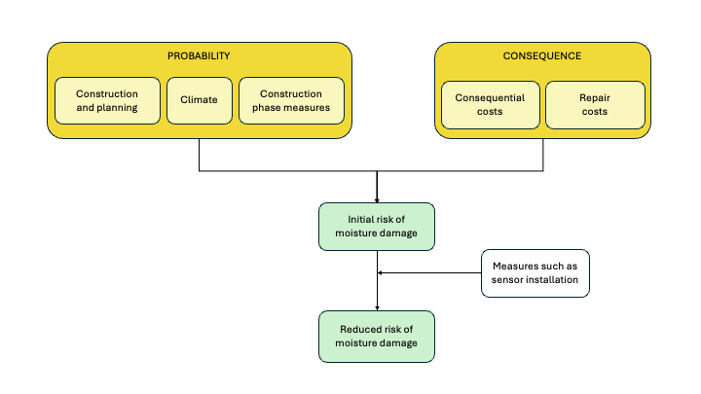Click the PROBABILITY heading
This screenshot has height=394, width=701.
tap(199, 56)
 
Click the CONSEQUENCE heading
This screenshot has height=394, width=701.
tap(542, 56)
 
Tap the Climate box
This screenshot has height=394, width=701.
tap(199, 101)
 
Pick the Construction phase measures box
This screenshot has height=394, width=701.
tap(291, 101)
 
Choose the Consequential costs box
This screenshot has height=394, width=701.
tap(490, 105)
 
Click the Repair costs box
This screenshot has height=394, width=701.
tap(595, 105)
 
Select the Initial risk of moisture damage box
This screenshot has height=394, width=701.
tap(377, 227)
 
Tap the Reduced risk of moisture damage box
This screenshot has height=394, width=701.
tap(377, 336)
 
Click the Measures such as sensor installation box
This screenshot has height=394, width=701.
tap(535, 273)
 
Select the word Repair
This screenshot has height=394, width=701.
tap(595, 98)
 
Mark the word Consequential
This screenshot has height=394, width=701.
tap(490, 98)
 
